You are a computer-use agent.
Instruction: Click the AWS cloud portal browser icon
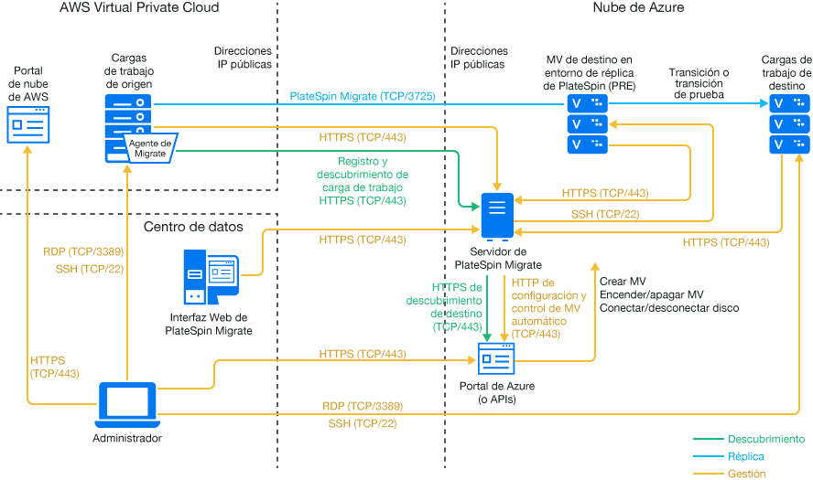click(x=28, y=123)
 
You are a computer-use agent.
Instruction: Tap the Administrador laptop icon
click(x=126, y=403)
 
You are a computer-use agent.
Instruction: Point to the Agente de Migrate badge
click(x=150, y=147)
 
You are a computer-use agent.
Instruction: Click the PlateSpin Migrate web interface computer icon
click(x=211, y=275)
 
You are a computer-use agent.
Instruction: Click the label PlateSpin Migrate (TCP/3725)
click(x=362, y=96)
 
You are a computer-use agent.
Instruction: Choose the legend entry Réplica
click(x=746, y=455)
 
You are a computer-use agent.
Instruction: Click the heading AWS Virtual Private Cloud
click(x=139, y=7)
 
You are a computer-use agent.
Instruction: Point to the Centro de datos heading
click(x=194, y=226)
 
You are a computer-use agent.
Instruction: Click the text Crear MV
click(x=623, y=282)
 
